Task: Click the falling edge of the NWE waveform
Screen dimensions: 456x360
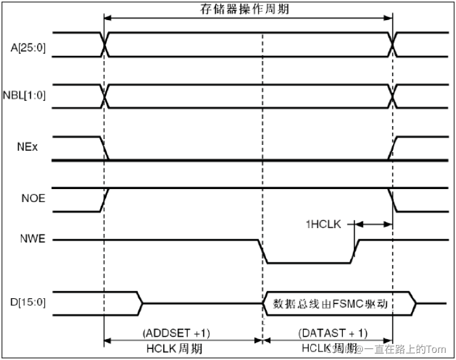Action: tap(263, 251)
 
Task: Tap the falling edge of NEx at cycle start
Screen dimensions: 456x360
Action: tap(105, 148)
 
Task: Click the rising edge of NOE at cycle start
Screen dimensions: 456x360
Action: tap(105, 199)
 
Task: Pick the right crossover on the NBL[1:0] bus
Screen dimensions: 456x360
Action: tap(393, 96)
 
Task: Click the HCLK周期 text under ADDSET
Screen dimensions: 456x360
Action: tap(176, 349)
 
